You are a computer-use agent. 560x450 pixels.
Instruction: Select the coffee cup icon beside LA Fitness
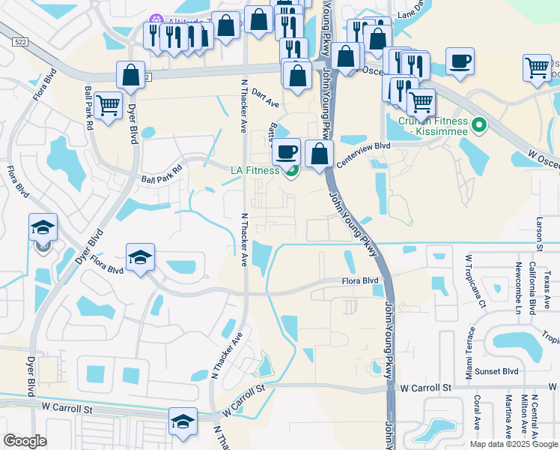(x=286, y=152)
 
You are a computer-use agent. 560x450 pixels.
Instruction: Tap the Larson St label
(x=539, y=233)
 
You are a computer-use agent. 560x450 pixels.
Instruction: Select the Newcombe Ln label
(x=518, y=289)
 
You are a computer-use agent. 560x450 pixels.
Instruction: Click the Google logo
(x=25, y=441)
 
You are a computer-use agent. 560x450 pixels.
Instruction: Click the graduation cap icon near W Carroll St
(x=183, y=422)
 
